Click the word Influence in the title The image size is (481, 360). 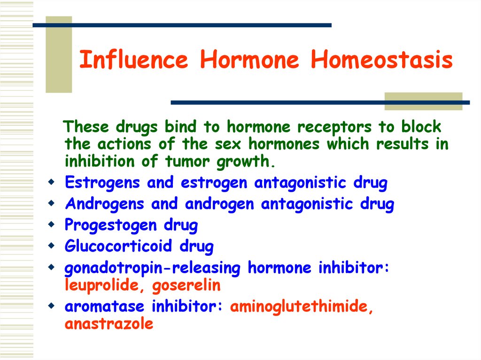[x=133, y=61]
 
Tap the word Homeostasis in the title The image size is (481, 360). [x=381, y=61]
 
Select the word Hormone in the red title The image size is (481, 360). [x=249, y=61]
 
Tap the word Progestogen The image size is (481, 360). [x=110, y=226]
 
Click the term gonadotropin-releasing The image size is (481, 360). [x=153, y=268]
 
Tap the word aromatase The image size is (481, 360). [x=104, y=307]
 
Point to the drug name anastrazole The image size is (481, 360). [x=109, y=324]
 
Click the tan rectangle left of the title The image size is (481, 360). [x=58, y=54]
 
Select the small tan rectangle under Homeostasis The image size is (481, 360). [x=423, y=101]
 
